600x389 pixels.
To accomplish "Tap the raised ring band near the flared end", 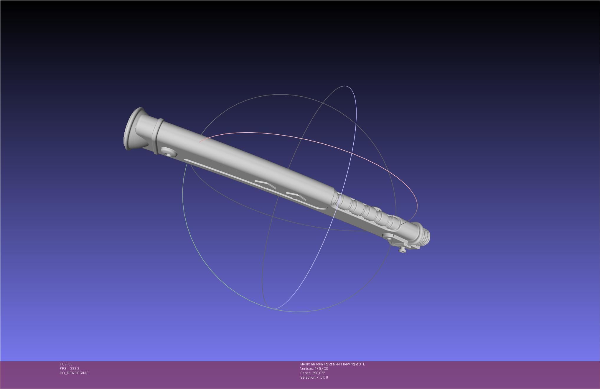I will (x=157, y=136).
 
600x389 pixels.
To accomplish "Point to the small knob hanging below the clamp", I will (x=401, y=250).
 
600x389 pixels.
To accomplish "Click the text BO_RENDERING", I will (x=74, y=373).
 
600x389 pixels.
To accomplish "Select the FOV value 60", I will (x=70, y=364).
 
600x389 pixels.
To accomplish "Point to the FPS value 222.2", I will (x=75, y=369).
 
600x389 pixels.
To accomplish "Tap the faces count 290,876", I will (x=319, y=373).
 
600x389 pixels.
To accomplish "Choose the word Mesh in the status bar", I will (x=305, y=364).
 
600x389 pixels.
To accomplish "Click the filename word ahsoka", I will (x=317, y=364).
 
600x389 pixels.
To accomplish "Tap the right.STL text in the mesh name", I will (x=359, y=364).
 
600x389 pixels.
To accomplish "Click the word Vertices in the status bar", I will (x=306, y=369).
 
